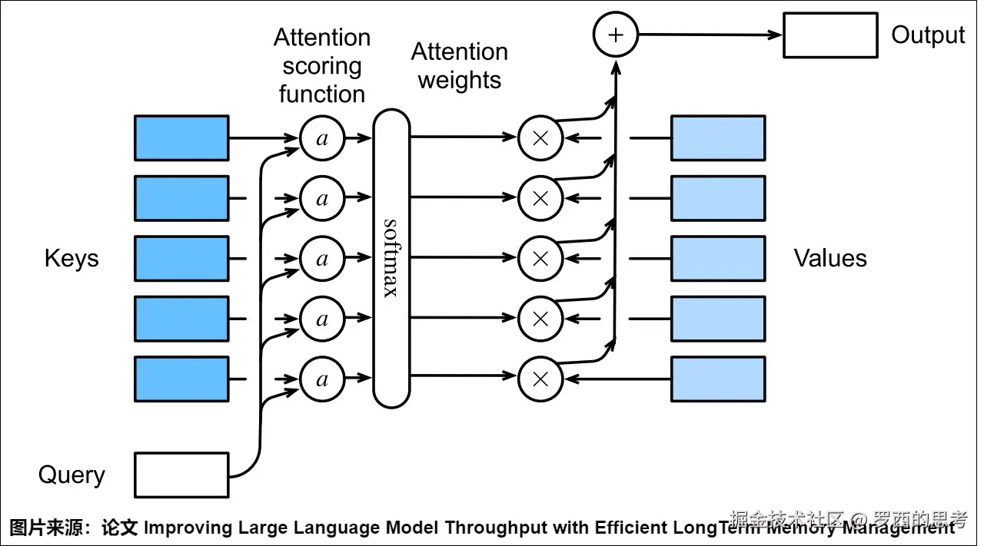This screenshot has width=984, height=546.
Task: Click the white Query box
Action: tap(181, 475)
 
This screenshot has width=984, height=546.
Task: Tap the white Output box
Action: tap(830, 35)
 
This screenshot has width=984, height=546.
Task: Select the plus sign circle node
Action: tap(616, 35)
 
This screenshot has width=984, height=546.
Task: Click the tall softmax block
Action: tap(391, 258)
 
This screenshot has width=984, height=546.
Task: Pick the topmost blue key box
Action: tap(181, 138)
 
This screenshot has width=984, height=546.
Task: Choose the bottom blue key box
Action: tap(181, 379)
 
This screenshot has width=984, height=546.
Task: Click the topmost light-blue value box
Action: tap(718, 138)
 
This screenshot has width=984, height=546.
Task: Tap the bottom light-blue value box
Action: tap(718, 379)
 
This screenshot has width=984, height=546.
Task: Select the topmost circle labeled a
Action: tap(322, 138)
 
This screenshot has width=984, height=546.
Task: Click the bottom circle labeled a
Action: tap(322, 379)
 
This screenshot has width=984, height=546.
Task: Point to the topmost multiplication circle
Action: tap(540, 138)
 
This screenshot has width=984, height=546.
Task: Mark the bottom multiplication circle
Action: tap(540, 379)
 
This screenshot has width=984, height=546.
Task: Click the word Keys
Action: tap(71, 258)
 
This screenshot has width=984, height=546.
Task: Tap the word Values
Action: tap(830, 258)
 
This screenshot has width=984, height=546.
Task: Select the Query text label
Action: tap(71, 475)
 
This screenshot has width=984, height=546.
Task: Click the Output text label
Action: tap(928, 35)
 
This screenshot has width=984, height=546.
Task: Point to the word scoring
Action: tap(321, 66)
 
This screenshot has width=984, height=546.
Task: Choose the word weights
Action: tap(460, 81)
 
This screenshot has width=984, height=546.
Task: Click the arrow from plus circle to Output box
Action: tap(707, 35)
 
